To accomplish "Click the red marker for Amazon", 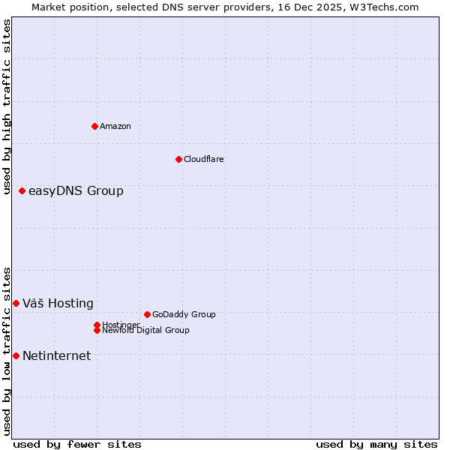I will pyautogui.click(x=94, y=126).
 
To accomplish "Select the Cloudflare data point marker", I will pyautogui.click(x=178, y=159).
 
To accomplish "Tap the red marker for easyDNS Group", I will pyautogui.click(x=22, y=191).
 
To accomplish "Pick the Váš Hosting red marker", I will pyautogui.click(x=16, y=303).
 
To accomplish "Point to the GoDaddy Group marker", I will pyautogui.click(x=147, y=314).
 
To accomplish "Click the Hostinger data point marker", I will pyautogui.click(x=97, y=325).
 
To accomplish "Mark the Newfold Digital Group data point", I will pyautogui.click(x=97, y=330).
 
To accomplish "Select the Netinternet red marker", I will pyautogui.click(x=16, y=355).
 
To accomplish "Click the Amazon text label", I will pyautogui.click(x=115, y=126).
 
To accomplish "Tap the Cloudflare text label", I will pyautogui.click(x=204, y=159).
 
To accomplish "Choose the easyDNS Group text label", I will pyautogui.click(x=76, y=191).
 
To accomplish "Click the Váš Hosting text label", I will pyautogui.click(x=58, y=303).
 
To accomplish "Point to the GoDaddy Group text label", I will pyautogui.click(x=184, y=314).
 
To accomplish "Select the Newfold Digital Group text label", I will pyautogui.click(x=146, y=330).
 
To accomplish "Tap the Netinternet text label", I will pyautogui.click(x=56, y=355).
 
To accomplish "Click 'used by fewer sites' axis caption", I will pyautogui.click(x=77, y=444).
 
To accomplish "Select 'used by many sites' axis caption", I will pyautogui.click(x=376, y=444).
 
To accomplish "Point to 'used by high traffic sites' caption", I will pyautogui.click(x=7, y=106).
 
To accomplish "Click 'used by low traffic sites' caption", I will pyautogui.click(x=7, y=350).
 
